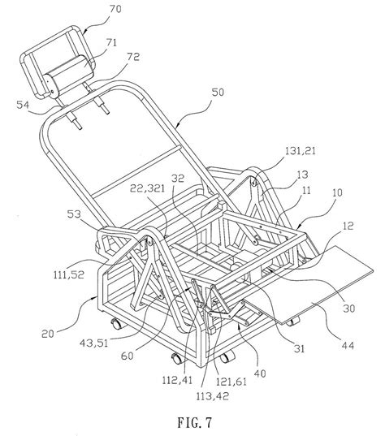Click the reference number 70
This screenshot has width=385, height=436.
click(115, 9)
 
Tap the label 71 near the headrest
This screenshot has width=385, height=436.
click(111, 43)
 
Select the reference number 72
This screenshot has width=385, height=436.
click(133, 57)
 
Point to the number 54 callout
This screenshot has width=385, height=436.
click(23, 105)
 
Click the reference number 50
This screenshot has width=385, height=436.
click(218, 93)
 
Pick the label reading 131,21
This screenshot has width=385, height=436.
click(301, 151)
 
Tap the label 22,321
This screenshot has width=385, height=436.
click(148, 188)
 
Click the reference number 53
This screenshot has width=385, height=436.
click(74, 214)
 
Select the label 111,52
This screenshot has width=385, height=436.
click(69, 274)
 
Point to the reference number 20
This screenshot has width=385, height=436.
click(48, 334)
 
